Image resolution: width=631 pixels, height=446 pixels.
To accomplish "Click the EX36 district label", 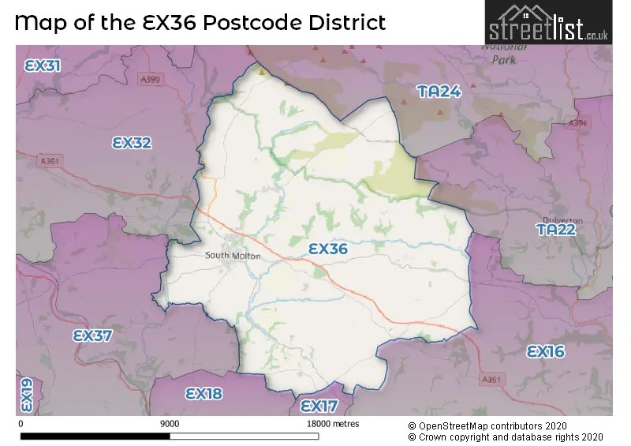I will tap(328, 249).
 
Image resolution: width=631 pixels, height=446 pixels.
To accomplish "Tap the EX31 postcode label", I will tap(43, 66).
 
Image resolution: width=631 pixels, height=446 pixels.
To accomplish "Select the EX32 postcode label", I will tap(132, 143).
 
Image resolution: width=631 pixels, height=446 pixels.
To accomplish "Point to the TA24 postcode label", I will tap(439, 92).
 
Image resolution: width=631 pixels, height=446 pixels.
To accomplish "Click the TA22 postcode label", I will tap(556, 230).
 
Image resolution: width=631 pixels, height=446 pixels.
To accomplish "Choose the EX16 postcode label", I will tap(546, 351).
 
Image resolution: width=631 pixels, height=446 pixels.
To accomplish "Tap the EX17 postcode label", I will tap(319, 406).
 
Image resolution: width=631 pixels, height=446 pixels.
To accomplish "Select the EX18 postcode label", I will tap(203, 393).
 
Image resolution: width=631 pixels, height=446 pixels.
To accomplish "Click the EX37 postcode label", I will tap(92, 335).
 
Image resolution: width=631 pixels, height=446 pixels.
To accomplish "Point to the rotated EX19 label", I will tap(26, 395).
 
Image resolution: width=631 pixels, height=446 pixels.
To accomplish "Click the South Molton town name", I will tap(233, 256).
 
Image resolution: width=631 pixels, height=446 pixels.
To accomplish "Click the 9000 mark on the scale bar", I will tap(170, 424).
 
